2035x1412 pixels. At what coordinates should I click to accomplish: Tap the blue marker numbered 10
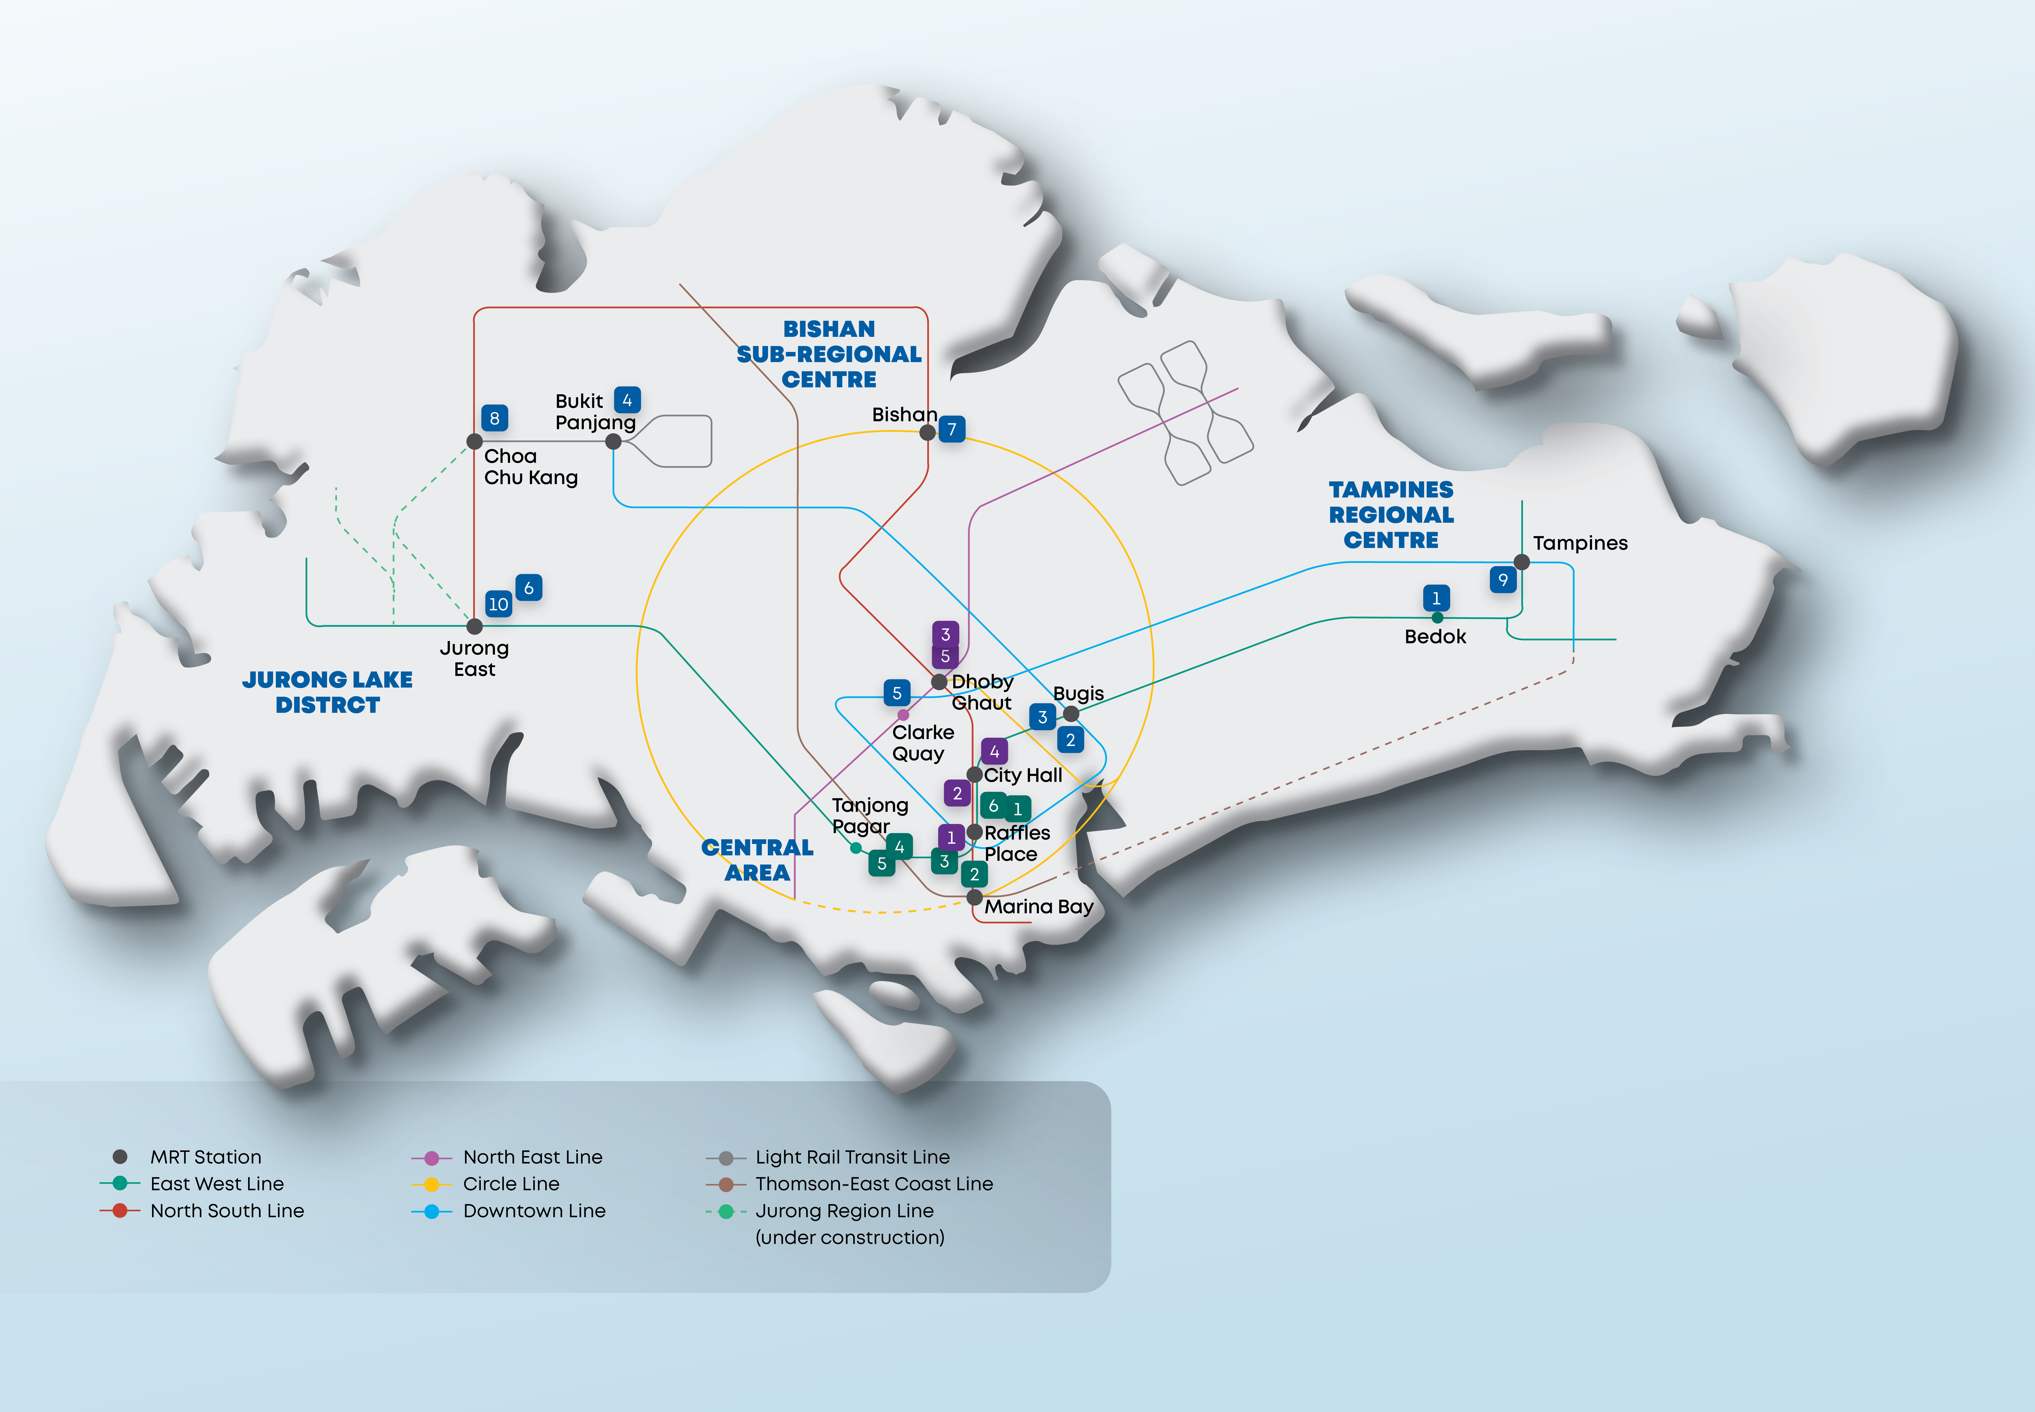coord(499,604)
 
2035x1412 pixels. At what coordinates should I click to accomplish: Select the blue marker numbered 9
coord(1502,579)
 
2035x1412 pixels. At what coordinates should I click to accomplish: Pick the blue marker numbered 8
coord(495,418)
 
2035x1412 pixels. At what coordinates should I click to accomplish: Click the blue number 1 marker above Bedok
coord(1436,598)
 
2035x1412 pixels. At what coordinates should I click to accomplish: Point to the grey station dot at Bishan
coord(927,433)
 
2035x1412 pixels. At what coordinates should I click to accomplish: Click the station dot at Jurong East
coord(474,626)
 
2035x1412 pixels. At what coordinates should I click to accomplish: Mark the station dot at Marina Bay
coord(974,897)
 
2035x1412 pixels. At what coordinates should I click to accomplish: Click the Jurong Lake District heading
coord(327,692)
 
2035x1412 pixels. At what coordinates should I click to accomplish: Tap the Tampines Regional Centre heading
coord(1391,515)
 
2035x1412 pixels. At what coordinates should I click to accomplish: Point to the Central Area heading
coord(757,860)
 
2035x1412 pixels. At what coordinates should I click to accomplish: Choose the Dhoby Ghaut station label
coord(982,692)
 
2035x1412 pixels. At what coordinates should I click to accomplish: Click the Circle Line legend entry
coord(486,1184)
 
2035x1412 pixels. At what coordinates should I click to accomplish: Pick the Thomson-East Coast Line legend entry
coord(850,1184)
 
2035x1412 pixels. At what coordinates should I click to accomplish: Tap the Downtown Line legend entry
coord(509,1210)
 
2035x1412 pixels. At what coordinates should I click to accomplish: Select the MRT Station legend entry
coord(188,1157)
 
